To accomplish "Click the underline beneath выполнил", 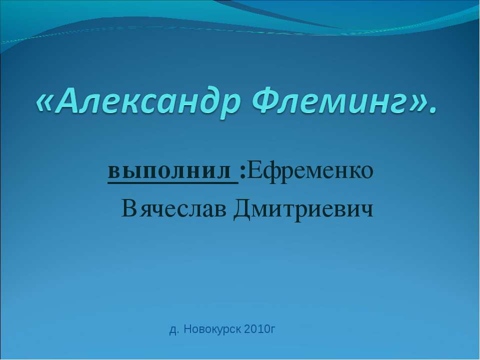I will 172,183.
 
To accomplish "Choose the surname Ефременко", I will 310,172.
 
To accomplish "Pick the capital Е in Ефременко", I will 254,171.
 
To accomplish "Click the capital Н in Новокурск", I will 187,329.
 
